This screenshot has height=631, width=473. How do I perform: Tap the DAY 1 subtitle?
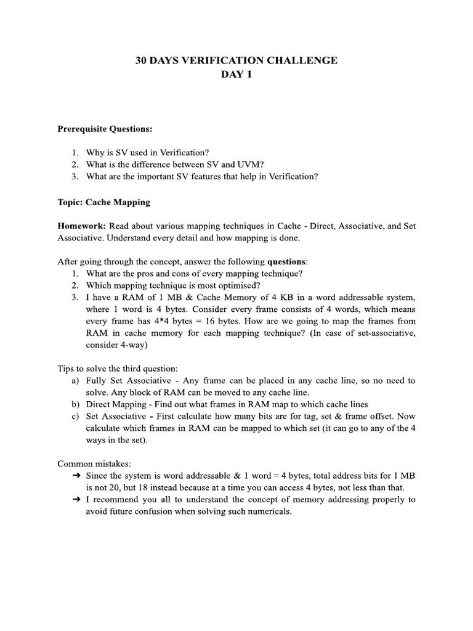coord(236,75)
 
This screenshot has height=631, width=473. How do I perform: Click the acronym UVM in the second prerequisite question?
coord(243,165)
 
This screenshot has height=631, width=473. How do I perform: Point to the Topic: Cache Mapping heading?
coord(103,202)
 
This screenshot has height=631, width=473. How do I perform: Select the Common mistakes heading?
coord(91,463)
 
